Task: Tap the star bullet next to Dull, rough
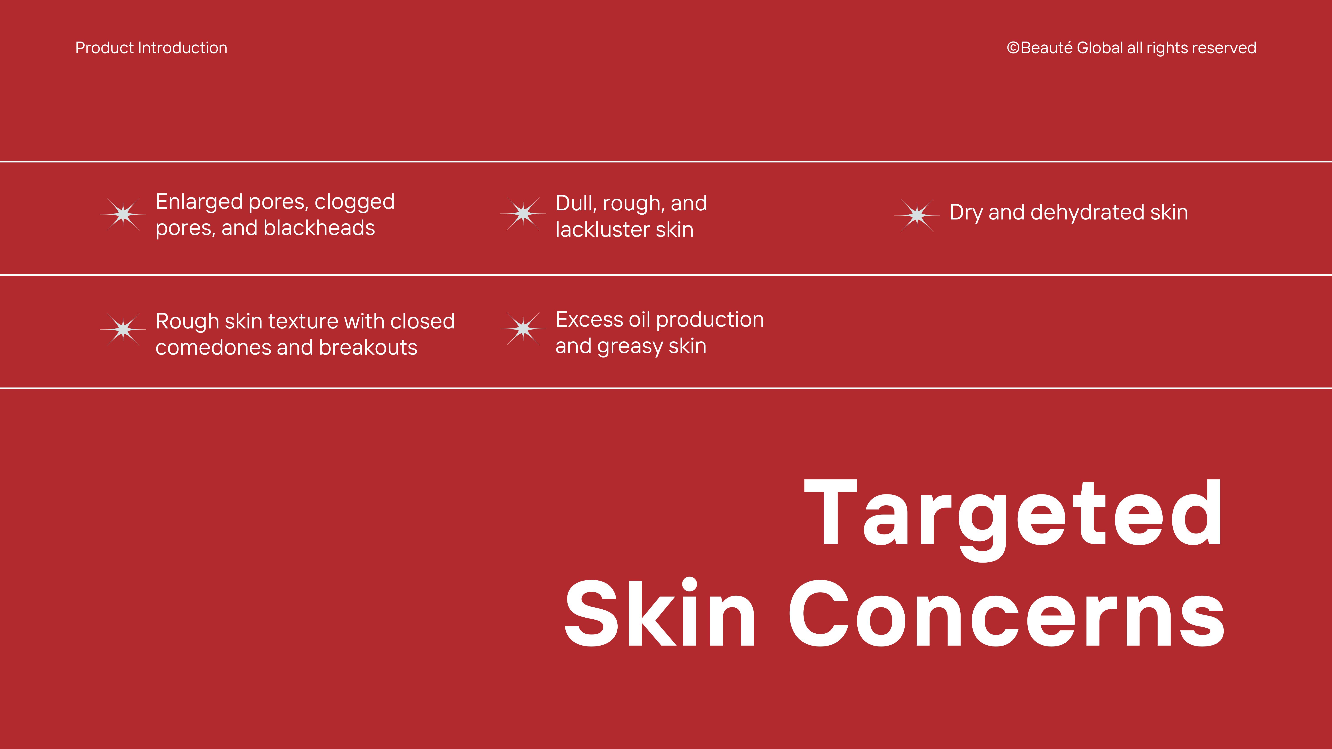[523, 213]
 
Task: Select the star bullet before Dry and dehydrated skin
[917, 215]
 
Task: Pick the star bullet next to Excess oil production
[523, 329]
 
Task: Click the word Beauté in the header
[1047, 47]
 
